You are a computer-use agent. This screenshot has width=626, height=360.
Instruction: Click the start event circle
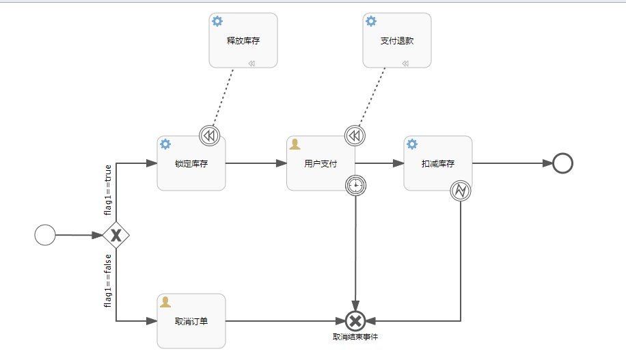[x=45, y=235]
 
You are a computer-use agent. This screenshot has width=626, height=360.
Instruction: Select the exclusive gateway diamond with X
[x=116, y=235]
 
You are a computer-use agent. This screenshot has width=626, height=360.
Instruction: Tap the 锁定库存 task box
[x=191, y=163]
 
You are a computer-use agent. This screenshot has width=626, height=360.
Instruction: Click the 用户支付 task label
[x=320, y=164]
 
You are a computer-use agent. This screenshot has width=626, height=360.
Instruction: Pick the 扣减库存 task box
[x=438, y=163]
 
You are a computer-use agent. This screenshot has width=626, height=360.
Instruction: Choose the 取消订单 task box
[x=191, y=321]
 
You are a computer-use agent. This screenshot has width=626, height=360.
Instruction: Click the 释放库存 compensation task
[x=243, y=40]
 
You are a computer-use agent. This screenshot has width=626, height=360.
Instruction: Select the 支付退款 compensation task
[x=397, y=40]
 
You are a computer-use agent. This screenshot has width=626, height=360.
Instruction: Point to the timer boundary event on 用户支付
[x=356, y=184]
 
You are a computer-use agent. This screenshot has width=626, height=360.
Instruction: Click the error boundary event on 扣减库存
[x=461, y=191]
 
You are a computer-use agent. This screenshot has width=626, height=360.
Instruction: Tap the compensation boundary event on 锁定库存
[x=210, y=136]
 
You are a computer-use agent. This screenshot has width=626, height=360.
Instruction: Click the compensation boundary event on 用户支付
[x=355, y=136]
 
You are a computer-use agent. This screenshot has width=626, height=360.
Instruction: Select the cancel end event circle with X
[x=355, y=320]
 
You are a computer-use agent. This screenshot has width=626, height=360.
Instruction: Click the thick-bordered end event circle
[x=562, y=163]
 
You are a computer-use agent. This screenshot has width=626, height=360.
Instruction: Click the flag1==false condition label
[x=108, y=280]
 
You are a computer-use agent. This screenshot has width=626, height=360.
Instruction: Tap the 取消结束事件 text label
[x=355, y=337]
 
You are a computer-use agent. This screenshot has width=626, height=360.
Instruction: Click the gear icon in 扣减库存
[x=412, y=144]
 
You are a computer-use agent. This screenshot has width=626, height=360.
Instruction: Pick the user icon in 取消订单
[x=165, y=301]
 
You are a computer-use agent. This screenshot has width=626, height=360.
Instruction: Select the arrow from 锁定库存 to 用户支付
[x=256, y=163]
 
